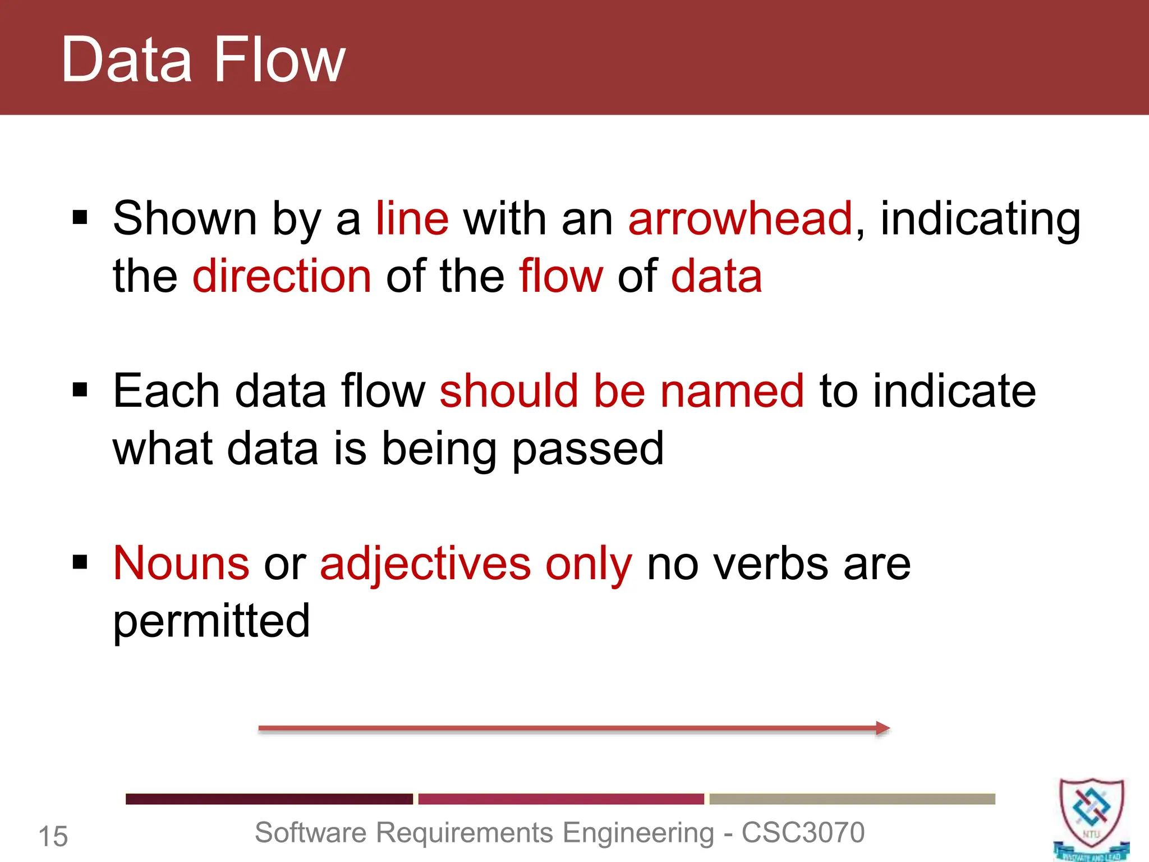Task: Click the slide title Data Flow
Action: pyautogui.click(x=203, y=59)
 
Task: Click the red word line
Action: pyautogui.click(x=412, y=219)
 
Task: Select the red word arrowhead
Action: pyautogui.click(x=740, y=219)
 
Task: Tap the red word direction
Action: pyautogui.click(x=282, y=276)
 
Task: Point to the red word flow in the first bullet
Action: pyautogui.click(x=560, y=276)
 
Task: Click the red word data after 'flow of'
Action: pyautogui.click(x=716, y=276)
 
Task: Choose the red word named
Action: pyautogui.click(x=732, y=391)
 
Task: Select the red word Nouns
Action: pyautogui.click(x=181, y=563)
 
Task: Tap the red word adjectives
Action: pyautogui.click(x=425, y=565)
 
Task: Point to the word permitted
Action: pyautogui.click(x=212, y=622)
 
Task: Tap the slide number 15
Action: pyautogui.click(x=53, y=837)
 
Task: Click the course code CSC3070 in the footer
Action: pyautogui.click(x=803, y=833)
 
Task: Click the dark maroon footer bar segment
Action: pyautogui.click(x=269, y=799)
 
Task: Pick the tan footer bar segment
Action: pyautogui.click(x=852, y=799)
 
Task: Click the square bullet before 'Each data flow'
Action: pyautogui.click(x=80, y=389)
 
